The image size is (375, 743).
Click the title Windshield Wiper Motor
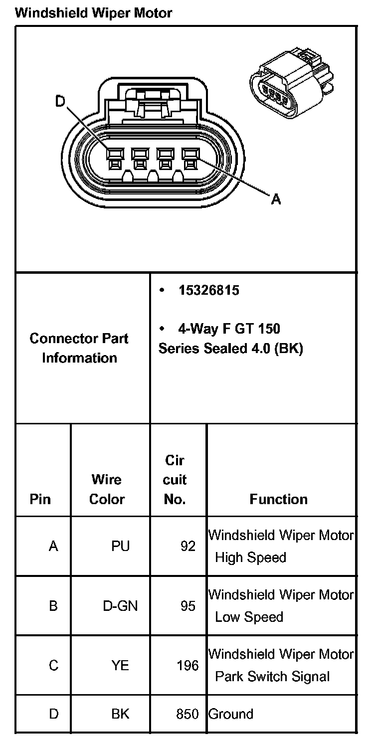[93, 13]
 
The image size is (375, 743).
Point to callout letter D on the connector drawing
[60, 102]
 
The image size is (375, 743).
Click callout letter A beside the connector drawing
[276, 199]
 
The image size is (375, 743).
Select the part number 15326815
[209, 290]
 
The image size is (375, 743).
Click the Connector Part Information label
[79, 348]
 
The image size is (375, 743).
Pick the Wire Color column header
[107, 489]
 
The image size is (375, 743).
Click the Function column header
[278, 499]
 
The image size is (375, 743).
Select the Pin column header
[40, 499]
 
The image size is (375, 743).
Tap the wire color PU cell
[120, 547]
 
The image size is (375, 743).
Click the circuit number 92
[188, 547]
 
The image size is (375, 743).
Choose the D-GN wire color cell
[120, 606]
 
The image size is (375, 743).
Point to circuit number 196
[187, 665]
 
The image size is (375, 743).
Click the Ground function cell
[231, 714]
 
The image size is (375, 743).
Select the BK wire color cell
[120, 714]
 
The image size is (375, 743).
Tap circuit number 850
[187, 714]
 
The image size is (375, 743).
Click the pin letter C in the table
[53, 665]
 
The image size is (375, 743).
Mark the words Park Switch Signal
[272, 677]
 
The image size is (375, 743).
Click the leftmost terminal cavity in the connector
[114, 158]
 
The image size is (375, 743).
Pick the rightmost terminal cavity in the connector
[189, 158]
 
